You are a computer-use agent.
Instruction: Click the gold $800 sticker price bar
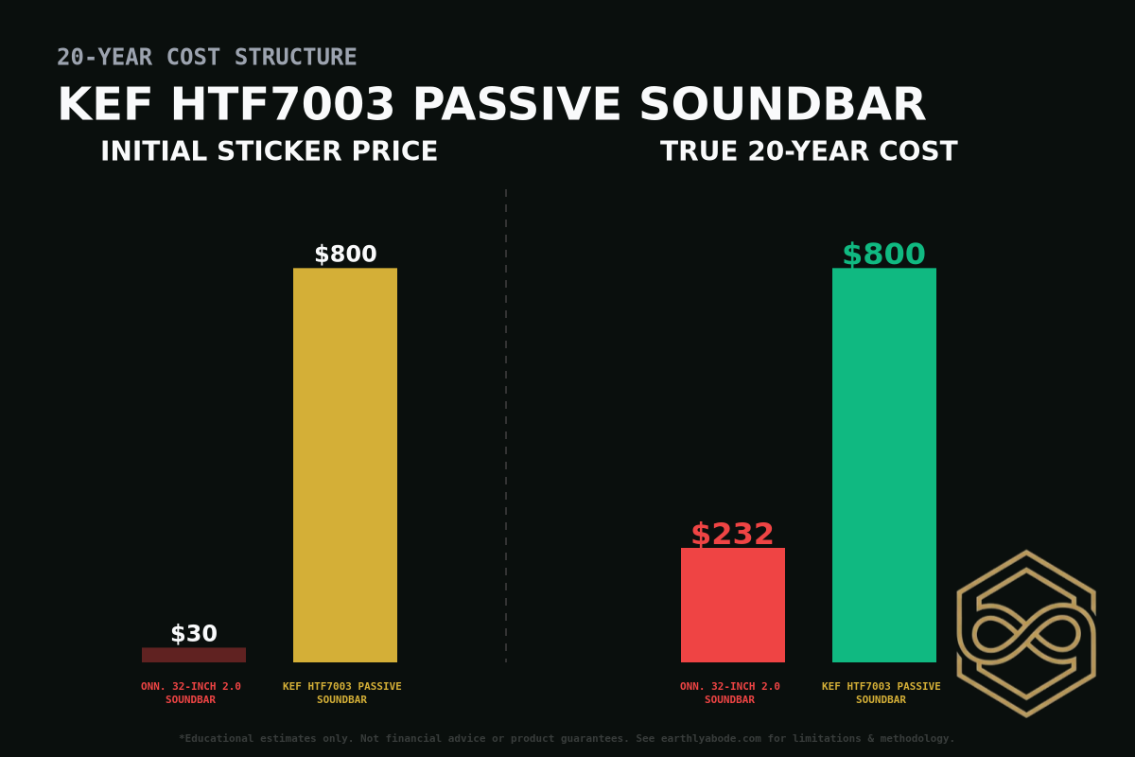(x=345, y=465)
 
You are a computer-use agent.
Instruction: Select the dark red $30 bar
(x=194, y=655)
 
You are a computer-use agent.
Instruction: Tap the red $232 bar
(x=733, y=605)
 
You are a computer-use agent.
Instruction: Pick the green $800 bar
(x=884, y=465)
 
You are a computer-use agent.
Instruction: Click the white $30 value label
(x=194, y=634)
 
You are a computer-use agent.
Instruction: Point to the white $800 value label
(x=345, y=255)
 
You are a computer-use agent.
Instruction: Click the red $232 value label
(x=732, y=535)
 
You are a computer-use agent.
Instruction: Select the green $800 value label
(x=883, y=255)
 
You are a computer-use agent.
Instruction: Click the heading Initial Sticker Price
(x=270, y=151)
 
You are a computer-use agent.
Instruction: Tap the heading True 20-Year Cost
(x=809, y=151)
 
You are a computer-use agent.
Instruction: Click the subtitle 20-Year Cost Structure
(x=207, y=58)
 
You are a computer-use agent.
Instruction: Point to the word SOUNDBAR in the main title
(x=782, y=105)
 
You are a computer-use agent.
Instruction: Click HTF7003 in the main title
(x=282, y=105)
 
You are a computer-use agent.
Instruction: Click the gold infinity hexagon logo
(x=1026, y=633)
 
